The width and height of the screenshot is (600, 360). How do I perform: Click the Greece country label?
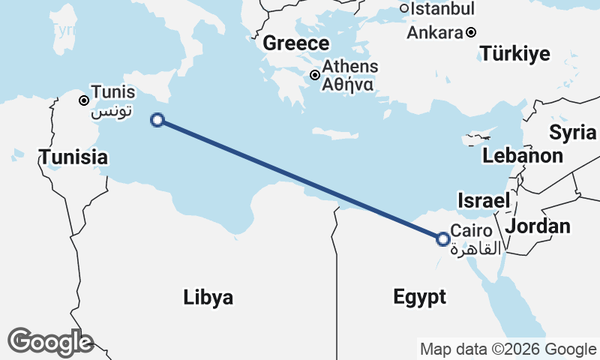[x=295, y=43]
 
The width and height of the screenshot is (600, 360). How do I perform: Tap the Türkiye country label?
[x=515, y=54]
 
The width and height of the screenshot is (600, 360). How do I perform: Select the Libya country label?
[x=208, y=297]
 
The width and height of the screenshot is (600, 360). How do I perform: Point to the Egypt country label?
[x=419, y=297]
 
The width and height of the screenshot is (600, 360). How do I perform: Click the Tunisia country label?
[x=73, y=157]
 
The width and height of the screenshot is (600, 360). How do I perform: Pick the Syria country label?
[x=573, y=133]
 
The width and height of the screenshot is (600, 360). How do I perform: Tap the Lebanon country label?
[x=523, y=156]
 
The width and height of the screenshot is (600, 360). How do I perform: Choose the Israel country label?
[x=484, y=200]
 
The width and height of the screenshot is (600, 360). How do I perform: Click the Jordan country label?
[x=538, y=226]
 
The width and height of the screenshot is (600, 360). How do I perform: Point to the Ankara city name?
[x=434, y=33]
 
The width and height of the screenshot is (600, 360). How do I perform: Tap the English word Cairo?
[x=472, y=232]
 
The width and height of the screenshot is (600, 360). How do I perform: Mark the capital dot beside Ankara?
[x=471, y=32]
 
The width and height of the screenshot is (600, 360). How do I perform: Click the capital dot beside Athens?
[x=316, y=75]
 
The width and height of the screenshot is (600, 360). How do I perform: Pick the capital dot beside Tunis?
[x=84, y=100]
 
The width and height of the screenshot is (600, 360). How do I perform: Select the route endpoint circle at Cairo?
[x=443, y=239]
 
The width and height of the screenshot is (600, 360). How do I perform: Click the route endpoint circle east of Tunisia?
[x=157, y=119]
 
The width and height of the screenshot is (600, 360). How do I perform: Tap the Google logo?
[x=50, y=341]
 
